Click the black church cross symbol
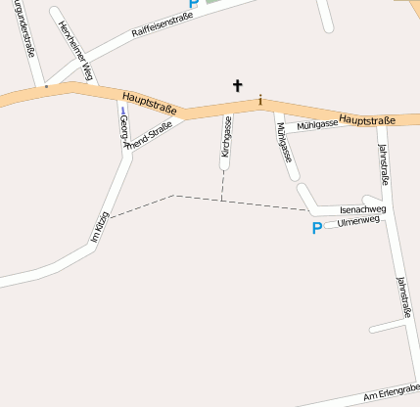(237, 85)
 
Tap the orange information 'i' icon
(260, 100)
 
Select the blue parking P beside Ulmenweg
(316, 228)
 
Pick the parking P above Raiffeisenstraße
(194, 5)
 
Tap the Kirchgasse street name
(227, 137)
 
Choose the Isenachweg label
(362, 209)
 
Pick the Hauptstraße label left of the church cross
(150, 103)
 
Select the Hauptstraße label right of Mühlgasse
(367, 120)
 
